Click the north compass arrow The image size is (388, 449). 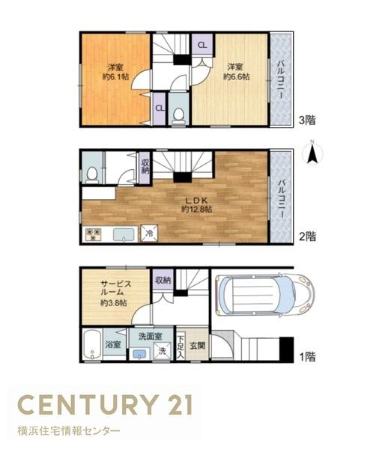coord(312,155)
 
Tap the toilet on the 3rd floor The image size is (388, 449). coord(179,117)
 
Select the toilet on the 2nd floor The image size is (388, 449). coord(92,175)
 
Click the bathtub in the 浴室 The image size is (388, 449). coord(92,345)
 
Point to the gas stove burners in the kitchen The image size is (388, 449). coord(94,234)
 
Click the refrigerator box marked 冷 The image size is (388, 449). coord(149,233)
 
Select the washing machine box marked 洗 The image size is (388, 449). coord(163,351)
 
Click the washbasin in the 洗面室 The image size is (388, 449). coord(139,354)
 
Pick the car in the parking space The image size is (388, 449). coord(264,296)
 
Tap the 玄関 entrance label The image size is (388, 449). coord(198,346)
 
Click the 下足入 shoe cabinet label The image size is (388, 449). coord(181,346)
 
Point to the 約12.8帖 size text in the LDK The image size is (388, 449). coord(196,210)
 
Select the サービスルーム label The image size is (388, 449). coord(116,288)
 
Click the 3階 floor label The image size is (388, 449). coord(307,120)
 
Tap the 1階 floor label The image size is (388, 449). coord(307,357)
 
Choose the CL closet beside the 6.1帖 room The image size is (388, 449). coord(160,109)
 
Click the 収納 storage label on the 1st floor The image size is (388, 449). coord(163,280)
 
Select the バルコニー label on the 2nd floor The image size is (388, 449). coord(282,198)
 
